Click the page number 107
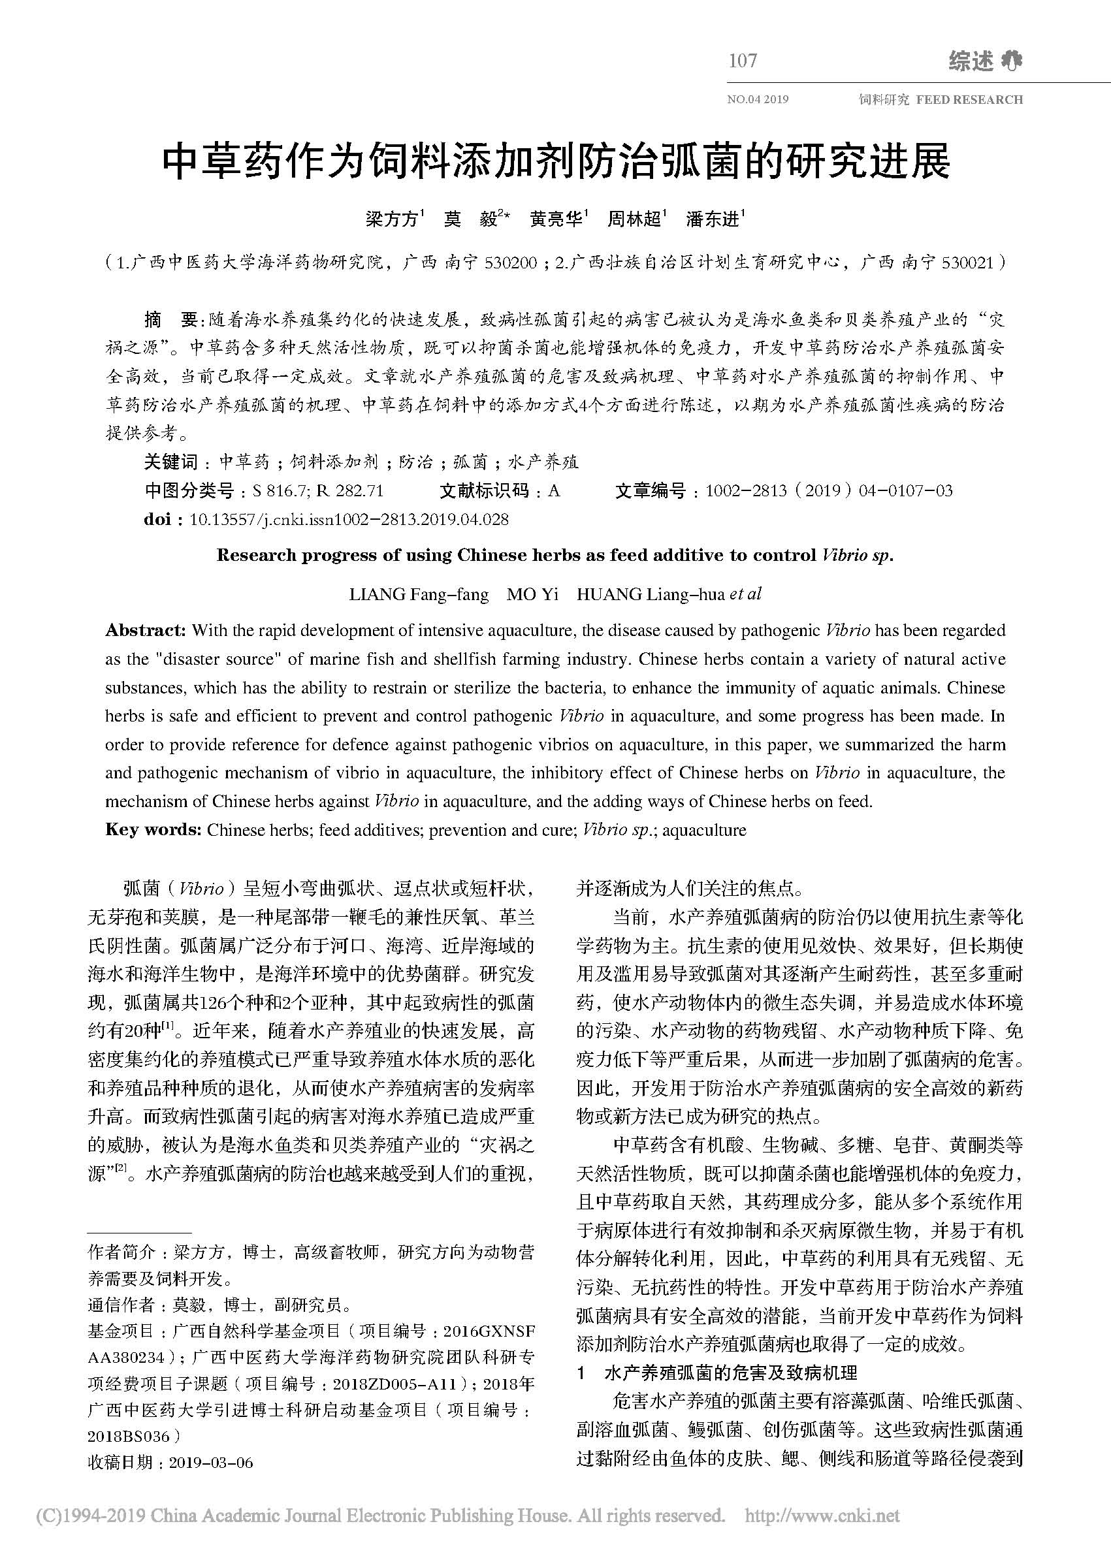(742, 61)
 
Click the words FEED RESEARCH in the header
(969, 100)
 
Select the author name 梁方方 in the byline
(391, 219)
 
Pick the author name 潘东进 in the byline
(712, 219)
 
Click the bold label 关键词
(170, 462)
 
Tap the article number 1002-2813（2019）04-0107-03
(828, 491)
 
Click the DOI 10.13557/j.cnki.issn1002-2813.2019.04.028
(349, 520)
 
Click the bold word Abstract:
(145, 630)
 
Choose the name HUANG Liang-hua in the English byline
(650, 594)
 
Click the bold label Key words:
(153, 831)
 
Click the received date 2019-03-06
(211, 1463)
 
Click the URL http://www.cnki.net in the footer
(822, 1516)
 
